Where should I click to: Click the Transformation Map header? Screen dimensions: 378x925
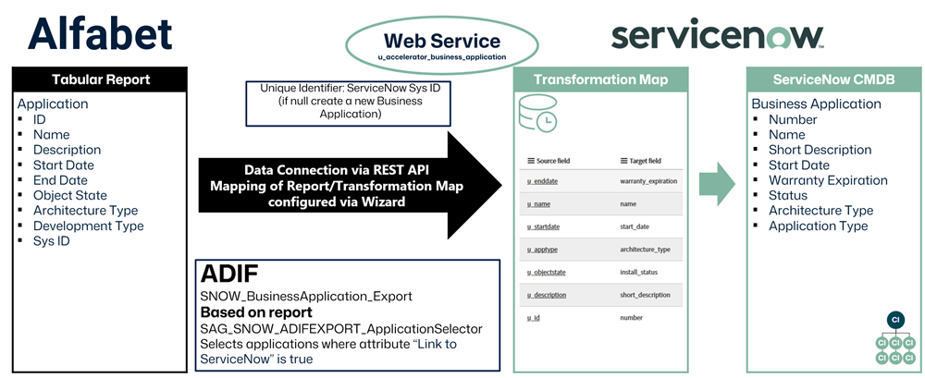point(600,79)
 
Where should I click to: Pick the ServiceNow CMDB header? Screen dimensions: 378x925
point(833,79)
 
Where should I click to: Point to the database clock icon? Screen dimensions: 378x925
point(536,112)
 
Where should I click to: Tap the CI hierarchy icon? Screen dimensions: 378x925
point(894,338)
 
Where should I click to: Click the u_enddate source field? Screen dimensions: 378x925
point(542,181)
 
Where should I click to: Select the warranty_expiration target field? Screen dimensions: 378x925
point(648,181)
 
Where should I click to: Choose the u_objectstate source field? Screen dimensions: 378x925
point(546,272)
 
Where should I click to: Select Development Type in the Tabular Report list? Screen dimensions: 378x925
point(88,226)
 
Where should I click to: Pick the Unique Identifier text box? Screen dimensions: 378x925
point(349,104)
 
